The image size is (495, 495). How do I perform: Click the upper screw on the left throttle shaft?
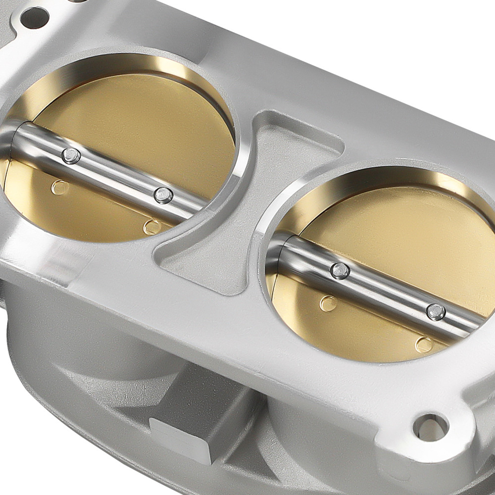(71, 156)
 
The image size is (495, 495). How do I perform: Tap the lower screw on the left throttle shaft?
(163, 195)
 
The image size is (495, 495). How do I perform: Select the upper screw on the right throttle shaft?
(340, 271)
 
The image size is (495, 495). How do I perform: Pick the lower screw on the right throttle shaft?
(436, 311)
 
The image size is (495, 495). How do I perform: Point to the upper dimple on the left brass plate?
(60, 187)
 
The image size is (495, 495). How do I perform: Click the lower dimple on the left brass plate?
(152, 227)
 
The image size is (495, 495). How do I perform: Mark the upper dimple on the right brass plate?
(328, 303)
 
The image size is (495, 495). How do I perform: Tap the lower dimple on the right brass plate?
(424, 344)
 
